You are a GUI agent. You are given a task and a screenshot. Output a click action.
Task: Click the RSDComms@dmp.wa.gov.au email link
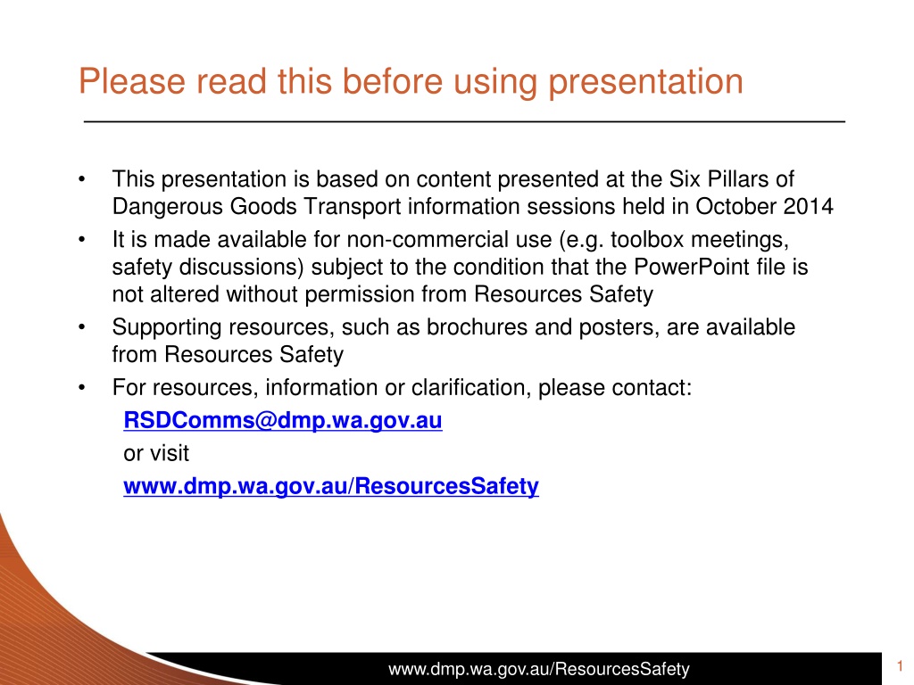click(x=283, y=421)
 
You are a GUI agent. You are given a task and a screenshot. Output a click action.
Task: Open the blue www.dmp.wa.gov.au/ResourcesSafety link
click(x=331, y=487)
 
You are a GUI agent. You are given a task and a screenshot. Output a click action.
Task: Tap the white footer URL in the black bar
click(x=538, y=669)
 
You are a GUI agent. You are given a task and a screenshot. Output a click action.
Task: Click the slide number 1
click(x=900, y=665)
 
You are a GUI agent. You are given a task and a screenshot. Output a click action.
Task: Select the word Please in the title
click(x=132, y=81)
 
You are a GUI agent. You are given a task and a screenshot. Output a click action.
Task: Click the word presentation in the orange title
click(x=646, y=82)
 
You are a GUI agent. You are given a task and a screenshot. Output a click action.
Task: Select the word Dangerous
click(x=167, y=207)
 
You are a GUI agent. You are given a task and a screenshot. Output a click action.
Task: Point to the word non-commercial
click(x=450, y=240)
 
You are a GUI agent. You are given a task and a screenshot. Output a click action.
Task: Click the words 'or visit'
click(x=156, y=454)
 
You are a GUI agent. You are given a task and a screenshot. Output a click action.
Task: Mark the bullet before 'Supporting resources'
click(x=81, y=327)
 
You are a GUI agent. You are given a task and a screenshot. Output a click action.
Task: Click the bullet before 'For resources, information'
click(x=81, y=388)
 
